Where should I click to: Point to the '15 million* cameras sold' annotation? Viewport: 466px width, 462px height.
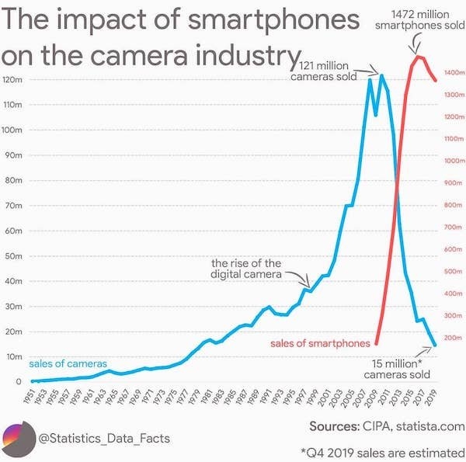pos(397,369)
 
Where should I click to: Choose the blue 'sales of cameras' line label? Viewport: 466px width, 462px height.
pos(68,363)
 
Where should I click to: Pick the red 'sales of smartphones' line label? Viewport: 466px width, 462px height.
pos(320,343)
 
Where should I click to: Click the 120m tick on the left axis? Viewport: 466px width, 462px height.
pos(12,80)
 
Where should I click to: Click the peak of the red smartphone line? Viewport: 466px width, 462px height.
pos(419,57)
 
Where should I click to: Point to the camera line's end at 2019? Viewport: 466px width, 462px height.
pos(436,345)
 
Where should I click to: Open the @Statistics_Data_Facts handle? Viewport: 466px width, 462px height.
pos(104,439)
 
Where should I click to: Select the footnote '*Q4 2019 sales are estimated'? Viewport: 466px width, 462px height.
pos(381,451)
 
